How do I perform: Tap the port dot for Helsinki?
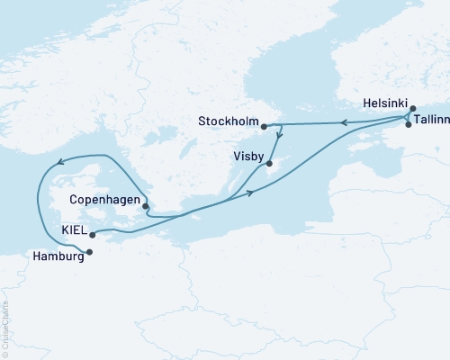tap(413, 108)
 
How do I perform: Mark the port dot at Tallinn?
tap(409, 125)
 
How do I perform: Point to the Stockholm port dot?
tap(264, 127)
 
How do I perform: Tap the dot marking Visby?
tap(269, 163)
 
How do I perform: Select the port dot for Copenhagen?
tap(145, 206)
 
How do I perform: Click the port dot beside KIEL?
tap(93, 234)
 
